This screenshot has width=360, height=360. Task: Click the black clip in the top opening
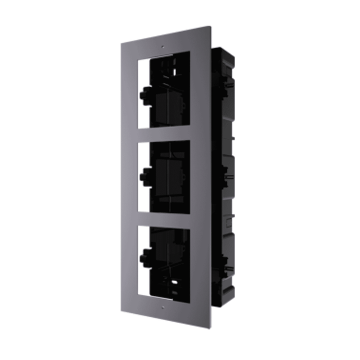click(147, 89)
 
